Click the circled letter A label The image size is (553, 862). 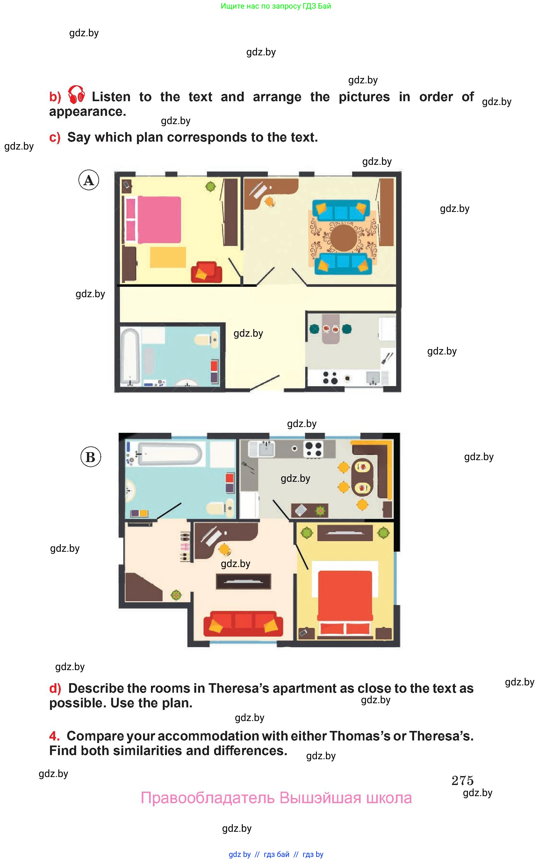pos(89,180)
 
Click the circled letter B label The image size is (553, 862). pos(90,457)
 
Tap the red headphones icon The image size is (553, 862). pos(76,95)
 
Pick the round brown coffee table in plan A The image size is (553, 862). pos(344,237)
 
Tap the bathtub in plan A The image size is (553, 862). pos(130,357)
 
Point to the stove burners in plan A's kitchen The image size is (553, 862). pos(330,377)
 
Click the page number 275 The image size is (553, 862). pos(463,780)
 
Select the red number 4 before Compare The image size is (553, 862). pos(54,736)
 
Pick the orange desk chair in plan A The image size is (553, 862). pos(269,202)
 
